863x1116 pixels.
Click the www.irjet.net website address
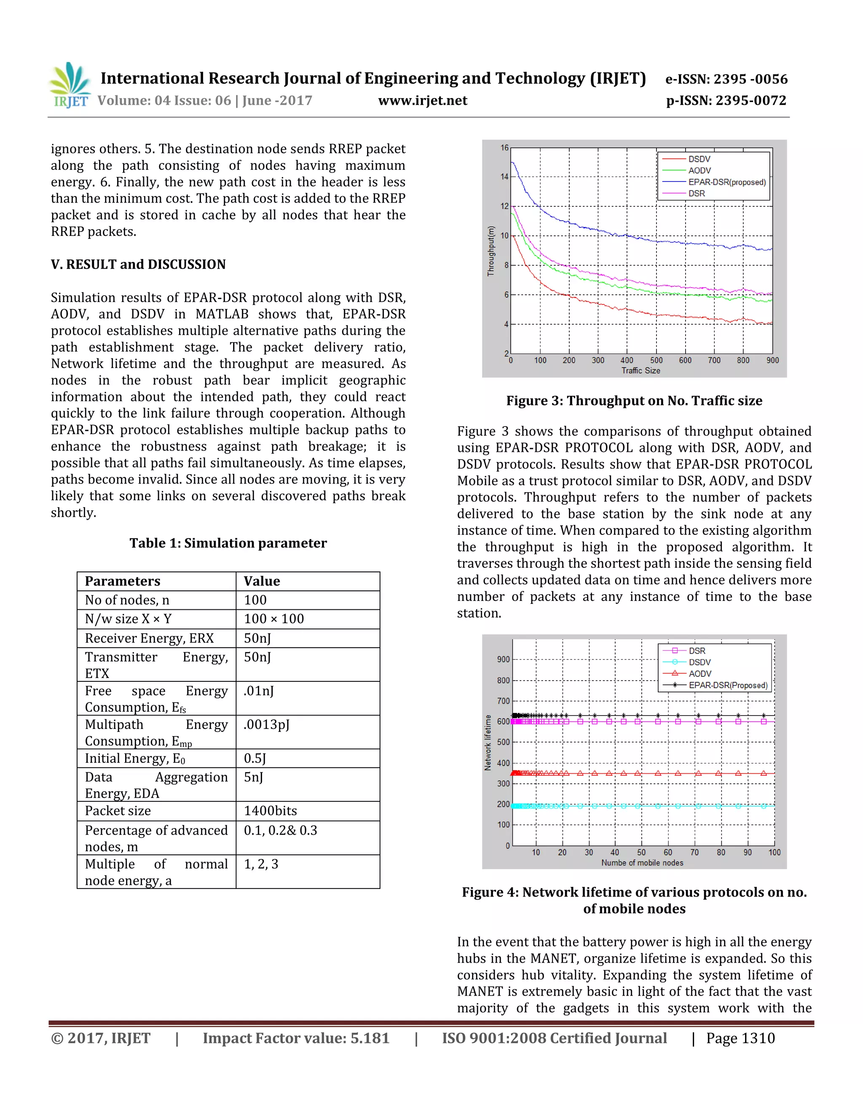coord(422,100)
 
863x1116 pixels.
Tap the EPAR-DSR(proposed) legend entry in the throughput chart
coord(726,182)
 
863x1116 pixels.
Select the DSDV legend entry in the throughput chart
coord(699,159)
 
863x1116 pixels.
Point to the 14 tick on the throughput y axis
coord(504,177)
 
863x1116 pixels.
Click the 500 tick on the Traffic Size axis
coord(656,360)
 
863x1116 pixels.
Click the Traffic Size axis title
coord(641,371)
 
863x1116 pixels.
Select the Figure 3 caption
coord(634,400)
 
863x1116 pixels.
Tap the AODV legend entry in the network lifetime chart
coord(700,673)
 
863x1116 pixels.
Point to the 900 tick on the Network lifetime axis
coord(503,659)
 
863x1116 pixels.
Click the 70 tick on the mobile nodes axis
coord(694,852)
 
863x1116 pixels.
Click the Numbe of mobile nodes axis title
coord(642,862)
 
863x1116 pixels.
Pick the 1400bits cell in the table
coord(270,811)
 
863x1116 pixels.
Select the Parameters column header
coord(123,582)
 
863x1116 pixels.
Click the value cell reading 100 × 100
coord(273,619)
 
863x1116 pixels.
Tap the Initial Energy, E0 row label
coord(135,759)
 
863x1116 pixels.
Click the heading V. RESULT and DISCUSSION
coord(138,264)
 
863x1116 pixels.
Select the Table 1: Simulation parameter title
coord(228,543)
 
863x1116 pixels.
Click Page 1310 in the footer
coord(740,1039)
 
